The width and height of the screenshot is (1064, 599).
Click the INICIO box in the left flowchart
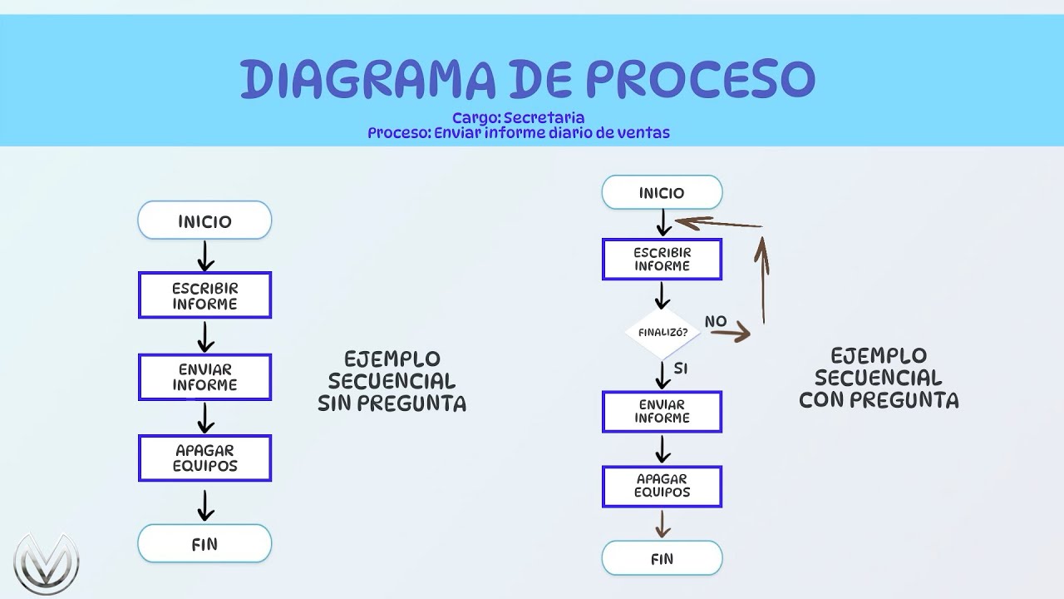(204, 221)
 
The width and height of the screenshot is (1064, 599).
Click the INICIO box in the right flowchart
(662, 193)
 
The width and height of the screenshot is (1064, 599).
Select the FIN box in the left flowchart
(204, 544)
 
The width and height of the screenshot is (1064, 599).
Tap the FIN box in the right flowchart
(662, 558)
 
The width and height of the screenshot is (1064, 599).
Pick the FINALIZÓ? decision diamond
(662, 332)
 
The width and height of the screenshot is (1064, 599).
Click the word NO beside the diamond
(716, 321)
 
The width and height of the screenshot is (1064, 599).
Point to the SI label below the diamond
(681, 368)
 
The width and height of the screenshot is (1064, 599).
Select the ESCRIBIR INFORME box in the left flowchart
(204, 295)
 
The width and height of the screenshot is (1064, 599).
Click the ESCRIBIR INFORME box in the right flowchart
(662, 260)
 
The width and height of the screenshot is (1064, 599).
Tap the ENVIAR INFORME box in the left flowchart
(204, 377)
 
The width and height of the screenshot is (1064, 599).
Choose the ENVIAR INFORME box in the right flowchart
(662, 412)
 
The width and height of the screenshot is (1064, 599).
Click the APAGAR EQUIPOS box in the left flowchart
(204, 458)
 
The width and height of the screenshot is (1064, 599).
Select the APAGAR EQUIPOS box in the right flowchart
(662, 486)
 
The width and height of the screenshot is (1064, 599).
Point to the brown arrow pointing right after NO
(730, 334)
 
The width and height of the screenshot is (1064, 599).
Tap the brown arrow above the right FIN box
(662, 523)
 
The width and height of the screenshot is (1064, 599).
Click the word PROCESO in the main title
(701, 79)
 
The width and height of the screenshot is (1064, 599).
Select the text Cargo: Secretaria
(519, 118)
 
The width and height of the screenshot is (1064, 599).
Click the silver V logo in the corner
(47, 563)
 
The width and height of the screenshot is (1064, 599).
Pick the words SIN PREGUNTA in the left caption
(392, 403)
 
